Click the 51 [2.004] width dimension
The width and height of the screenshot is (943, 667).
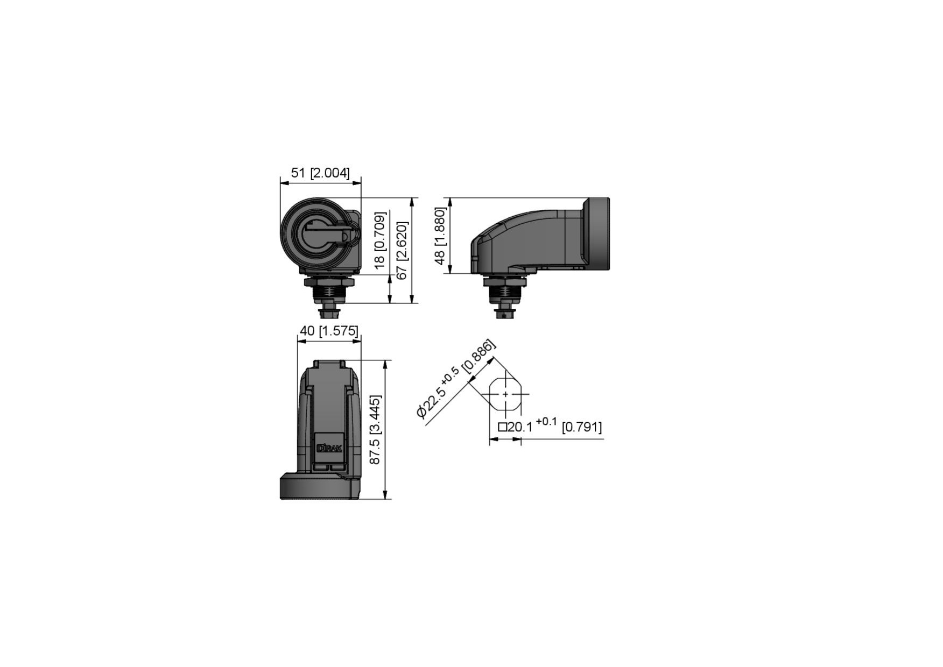(320, 173)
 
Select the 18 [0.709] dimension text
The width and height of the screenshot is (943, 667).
(380, 240)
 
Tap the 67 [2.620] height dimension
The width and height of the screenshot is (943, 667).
(402, 250)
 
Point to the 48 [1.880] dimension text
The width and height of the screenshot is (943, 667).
(440, 236)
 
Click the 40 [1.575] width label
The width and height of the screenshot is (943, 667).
(329, 330)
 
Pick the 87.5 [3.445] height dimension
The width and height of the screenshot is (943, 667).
(375, 429)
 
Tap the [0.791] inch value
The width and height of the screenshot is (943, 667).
(582, 427)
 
